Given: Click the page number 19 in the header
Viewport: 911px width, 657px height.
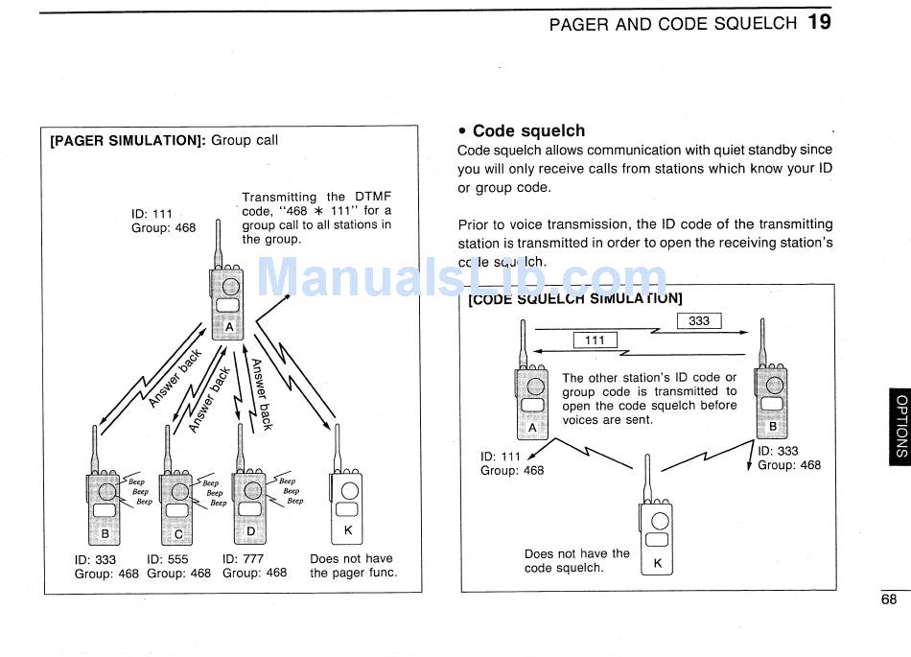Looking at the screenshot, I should click(819, 21).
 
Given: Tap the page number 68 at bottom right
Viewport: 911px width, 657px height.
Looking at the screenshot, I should click(889, 600).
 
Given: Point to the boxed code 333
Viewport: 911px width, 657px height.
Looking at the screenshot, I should click(699, 321).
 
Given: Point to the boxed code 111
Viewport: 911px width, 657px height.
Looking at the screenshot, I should click(595, 340).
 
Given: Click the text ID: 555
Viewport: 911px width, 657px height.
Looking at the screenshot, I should click(168, 559).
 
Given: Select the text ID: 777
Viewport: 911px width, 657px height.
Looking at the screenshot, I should click(244, 559).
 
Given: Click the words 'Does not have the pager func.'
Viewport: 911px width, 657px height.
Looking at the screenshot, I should click(352, 566).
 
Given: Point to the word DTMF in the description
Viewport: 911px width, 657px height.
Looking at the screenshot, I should click(373, 197).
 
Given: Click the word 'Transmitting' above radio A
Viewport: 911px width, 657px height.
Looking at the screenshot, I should click(279, 197).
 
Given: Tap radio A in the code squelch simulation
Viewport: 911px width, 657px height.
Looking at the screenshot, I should click(531, 398).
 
